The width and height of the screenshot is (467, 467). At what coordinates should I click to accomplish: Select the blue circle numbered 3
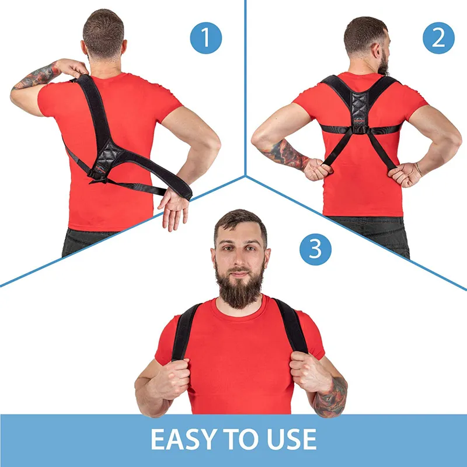pyautogui.click(x=316, y=249)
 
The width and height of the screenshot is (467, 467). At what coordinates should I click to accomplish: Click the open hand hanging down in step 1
pyautogui.click(x=174, y=207)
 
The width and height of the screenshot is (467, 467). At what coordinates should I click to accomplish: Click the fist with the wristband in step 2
pyautogui.click(x=406, y=174)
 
